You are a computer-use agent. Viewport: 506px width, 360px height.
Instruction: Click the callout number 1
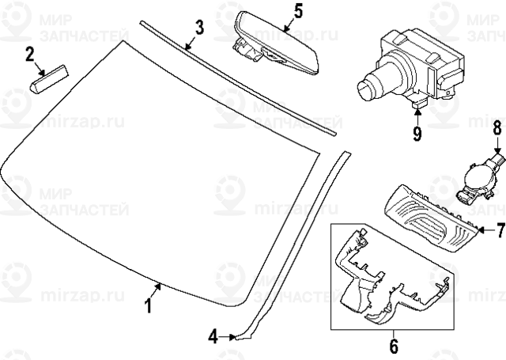148,305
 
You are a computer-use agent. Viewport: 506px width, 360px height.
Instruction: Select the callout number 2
30,55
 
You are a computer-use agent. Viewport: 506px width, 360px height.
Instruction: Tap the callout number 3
200,27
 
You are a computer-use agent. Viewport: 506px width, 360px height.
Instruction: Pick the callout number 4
213,337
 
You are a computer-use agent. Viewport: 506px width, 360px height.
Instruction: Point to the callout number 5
299,11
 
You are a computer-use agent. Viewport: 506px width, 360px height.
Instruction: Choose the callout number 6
394,346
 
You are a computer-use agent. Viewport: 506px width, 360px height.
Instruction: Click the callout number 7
500,230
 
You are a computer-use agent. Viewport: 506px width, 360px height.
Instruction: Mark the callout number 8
497,127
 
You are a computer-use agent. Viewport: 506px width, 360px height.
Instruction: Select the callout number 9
417,134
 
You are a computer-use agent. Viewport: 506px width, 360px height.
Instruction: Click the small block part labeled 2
49,78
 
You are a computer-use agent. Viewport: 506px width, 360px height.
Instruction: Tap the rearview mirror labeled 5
276,44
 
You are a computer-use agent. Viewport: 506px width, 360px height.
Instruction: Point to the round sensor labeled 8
478,180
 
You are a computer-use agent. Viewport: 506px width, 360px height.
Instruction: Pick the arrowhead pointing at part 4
232,337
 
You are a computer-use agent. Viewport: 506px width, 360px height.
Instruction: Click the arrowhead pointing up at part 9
417,112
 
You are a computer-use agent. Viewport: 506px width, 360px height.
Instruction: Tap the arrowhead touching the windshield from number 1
158,286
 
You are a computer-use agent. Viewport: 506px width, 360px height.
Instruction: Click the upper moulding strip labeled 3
238,78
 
